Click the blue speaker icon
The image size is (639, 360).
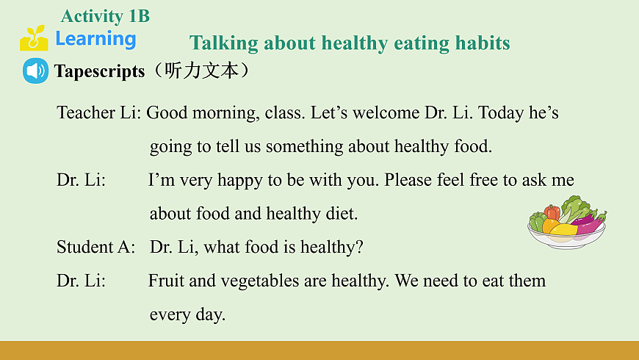coord(35,71)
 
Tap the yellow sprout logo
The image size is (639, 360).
coord(33,38)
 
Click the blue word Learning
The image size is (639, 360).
coord(95,39)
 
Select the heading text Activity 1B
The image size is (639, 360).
coord(105,16)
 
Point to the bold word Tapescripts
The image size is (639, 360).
coord(99,71)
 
